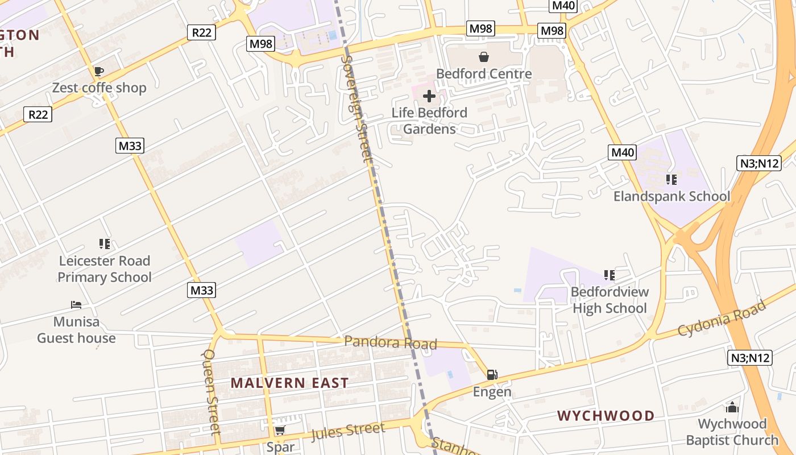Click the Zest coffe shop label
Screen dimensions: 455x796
99,88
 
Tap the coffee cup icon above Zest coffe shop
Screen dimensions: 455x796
98,71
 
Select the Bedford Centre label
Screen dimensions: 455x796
484,73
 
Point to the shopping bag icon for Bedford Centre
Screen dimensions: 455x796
484,57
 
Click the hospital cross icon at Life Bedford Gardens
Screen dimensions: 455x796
429,96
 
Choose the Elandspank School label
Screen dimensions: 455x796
671,196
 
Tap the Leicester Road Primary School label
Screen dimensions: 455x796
105,269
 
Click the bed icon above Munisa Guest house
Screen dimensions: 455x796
76,305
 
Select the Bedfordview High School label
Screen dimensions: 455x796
610,300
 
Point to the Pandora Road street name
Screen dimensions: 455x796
391,342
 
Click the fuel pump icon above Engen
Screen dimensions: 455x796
492,375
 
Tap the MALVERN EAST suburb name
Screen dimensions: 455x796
289,383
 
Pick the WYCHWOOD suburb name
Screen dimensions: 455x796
606,416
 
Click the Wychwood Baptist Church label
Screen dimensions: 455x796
732,432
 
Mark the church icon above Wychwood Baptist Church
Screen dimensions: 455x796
732,407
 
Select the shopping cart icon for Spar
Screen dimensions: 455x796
279,431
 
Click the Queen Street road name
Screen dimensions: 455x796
211,392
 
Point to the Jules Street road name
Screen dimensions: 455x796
347,431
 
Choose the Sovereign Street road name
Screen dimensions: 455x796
356,108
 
